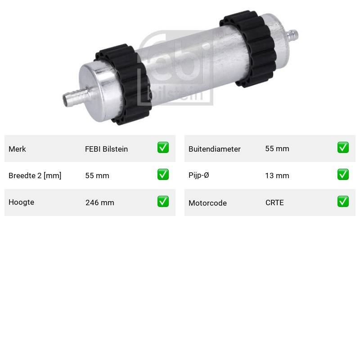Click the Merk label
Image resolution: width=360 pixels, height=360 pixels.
click(x=17, y=149)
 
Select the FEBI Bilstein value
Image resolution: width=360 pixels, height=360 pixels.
click(x=106, y=149)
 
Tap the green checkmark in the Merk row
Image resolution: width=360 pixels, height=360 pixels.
click(x=163, y=148)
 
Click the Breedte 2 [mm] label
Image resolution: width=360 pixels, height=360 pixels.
click(x=35, y=175)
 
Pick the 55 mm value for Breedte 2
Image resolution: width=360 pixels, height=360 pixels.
click(x=97, y=175)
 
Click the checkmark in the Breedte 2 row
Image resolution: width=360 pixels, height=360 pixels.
click(x=163, y=174)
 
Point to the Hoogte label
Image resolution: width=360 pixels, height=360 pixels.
click(x=21, y=202)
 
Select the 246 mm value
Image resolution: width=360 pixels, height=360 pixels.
click(x=99, y=203)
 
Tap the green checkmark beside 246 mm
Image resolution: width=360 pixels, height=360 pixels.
click(x=163, y=201)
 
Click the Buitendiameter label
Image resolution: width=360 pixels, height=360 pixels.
click(x=215, y=149)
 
